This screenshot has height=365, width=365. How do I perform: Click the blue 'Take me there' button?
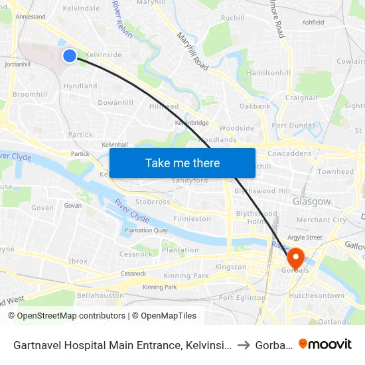pos(182,163)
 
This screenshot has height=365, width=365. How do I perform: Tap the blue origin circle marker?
pos(70,56)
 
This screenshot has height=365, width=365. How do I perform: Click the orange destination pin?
pos(295,257)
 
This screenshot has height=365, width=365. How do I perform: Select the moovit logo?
pos(326,344)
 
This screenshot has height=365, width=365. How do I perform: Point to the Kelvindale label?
pos(81,9)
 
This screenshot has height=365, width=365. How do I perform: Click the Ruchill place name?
pos(232,18)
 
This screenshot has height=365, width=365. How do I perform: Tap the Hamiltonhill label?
pos(268,73)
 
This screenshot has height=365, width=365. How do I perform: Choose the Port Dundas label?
pos(293,125)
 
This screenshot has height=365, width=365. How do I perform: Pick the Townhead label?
pos(335,171)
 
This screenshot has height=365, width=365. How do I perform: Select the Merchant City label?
pos(321,220)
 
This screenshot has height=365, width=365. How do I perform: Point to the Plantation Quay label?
pos(146,230)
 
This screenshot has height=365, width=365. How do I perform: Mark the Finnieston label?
pos(192,219)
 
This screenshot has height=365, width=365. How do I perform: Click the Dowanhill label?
pos(115,103)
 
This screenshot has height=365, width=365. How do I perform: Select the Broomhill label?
pos(30,94)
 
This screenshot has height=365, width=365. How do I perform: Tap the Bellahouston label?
pos(100,295)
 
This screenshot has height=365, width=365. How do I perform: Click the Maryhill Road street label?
pos(192,52)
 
